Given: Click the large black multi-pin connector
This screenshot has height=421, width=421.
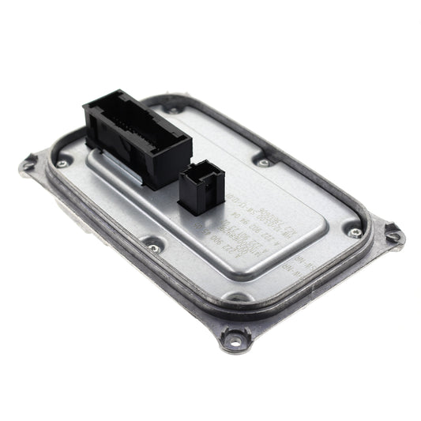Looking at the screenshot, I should point(136,138).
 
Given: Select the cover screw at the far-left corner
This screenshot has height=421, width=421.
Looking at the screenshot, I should point(61,164).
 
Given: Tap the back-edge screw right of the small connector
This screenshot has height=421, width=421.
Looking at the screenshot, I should point(262,163).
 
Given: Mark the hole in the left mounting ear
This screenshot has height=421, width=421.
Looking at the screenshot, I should point(29,165).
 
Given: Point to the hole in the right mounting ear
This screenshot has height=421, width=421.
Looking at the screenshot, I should point(393,234).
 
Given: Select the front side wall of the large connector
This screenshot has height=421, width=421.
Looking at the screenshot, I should point(142,162).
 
